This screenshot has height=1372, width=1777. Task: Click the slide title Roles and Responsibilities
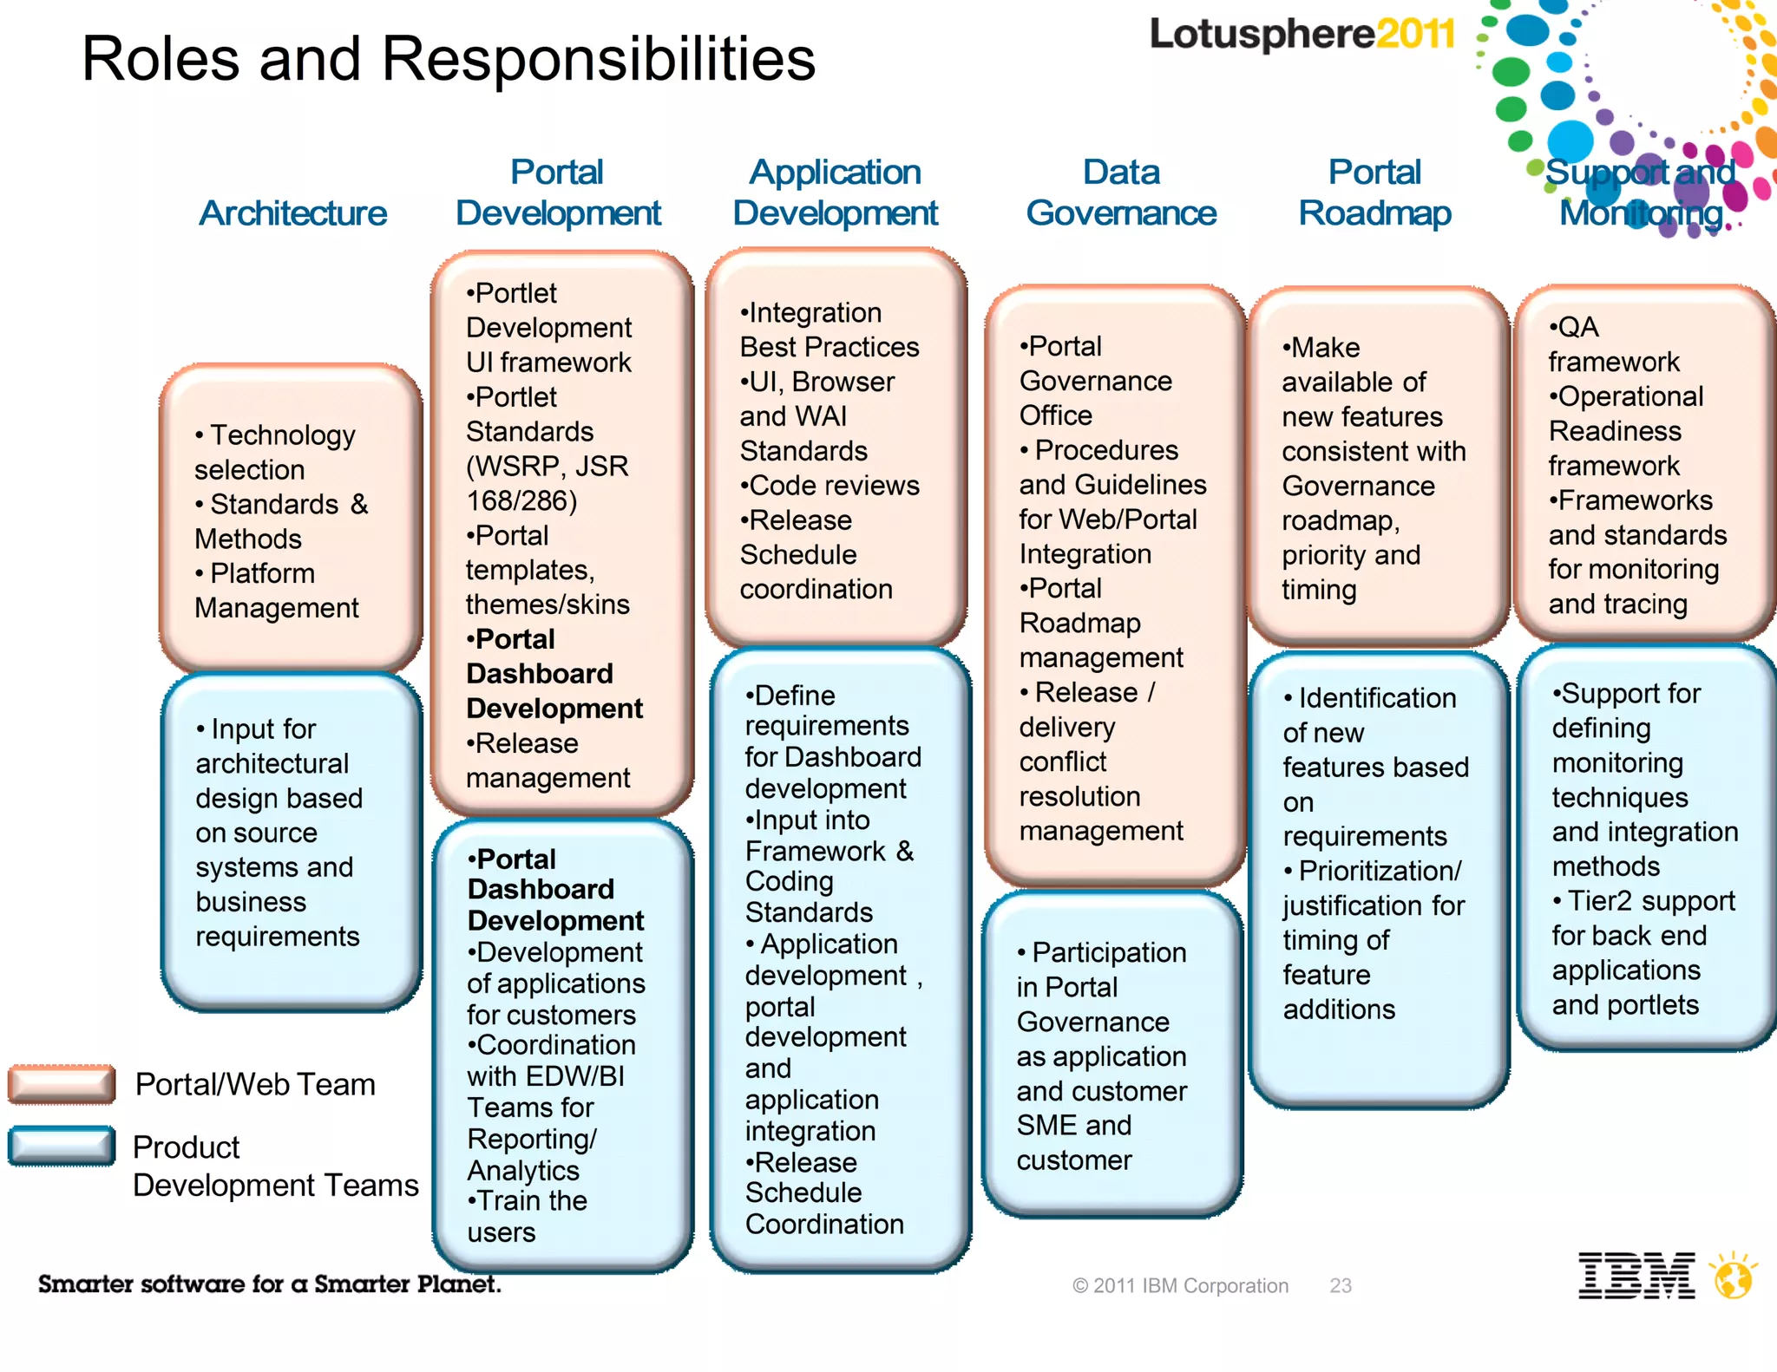[449, 59]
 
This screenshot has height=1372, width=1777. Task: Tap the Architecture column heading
[293, 213]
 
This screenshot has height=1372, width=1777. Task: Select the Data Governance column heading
[1121, 193]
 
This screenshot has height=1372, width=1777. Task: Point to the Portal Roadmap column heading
[1374, 193]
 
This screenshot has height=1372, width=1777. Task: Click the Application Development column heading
[835, 193]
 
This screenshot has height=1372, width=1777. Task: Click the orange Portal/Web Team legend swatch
[62, 1084]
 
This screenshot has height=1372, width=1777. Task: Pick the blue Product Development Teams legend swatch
[62, 1146]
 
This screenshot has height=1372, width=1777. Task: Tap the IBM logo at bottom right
[1636, 1276]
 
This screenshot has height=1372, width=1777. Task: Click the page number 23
[1341, 1285]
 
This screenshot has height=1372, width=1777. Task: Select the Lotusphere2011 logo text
[1302, 35]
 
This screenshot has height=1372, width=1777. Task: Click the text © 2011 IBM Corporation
[1180, 1285]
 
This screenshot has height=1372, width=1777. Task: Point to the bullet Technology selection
[275, 452]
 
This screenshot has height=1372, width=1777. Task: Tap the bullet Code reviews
[829, 486]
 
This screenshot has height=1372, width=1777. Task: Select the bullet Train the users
[527, 1216]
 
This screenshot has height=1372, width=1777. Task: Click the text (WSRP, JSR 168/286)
[547, 483]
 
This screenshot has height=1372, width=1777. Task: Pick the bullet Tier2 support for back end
[1643, 918]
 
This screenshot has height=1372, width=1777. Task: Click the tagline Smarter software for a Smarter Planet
[269, 1284]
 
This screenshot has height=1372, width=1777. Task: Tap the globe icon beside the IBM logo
[1734, 1277]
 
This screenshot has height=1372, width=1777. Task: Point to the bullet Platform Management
[276, 591]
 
